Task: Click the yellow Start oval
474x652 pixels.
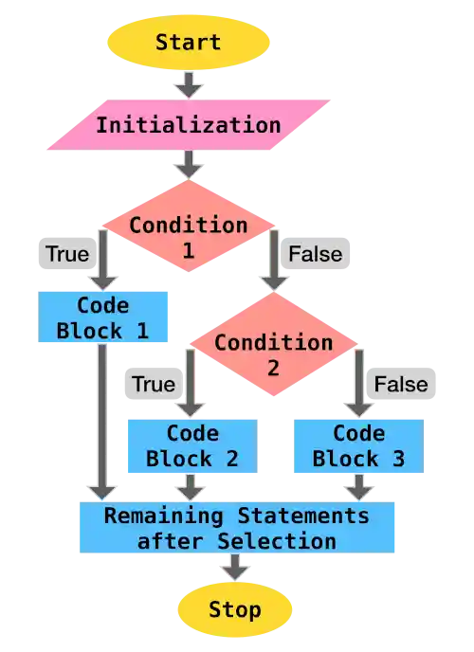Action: click(189, 43)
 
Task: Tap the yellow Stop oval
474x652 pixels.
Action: click(234, 609)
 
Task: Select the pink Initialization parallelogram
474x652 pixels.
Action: click(189, 125)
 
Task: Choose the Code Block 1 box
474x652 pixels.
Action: click(103, 318)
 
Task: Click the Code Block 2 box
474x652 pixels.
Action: click(192, 446)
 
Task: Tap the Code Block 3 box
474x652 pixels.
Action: click(358, 446)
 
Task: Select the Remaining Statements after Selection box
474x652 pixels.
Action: click(237, 528)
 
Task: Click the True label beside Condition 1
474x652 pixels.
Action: click(67, 254)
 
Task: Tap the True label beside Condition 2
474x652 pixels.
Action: click(153, 384)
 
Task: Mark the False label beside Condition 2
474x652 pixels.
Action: click(401, 384)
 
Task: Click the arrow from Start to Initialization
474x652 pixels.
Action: click(189, 85)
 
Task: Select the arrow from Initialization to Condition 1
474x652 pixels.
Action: click(189, 166)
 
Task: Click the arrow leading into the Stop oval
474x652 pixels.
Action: click(234, 568)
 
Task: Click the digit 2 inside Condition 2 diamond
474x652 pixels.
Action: click(273, 366)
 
